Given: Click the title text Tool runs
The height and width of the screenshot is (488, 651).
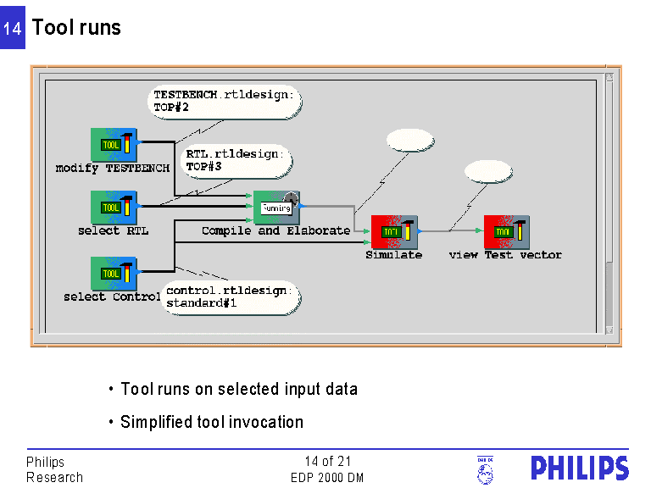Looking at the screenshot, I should [x=76, y=27].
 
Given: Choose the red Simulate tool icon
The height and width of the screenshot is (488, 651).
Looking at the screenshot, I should [x=395, y=231].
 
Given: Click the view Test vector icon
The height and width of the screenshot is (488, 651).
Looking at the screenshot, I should [x=507, y=231].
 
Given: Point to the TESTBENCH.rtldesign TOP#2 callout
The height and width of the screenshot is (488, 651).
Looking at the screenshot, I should [x=224, y=102].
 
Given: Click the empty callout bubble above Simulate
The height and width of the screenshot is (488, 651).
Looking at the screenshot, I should [x=409, y=141].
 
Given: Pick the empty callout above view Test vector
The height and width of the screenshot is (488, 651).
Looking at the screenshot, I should [x=489, y=171].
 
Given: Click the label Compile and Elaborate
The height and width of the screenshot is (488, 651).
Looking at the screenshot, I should [x=275, y=230].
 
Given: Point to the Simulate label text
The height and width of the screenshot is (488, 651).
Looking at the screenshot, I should [x=393, y=254].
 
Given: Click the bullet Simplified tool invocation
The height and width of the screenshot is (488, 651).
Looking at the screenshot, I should [x=211, y=422].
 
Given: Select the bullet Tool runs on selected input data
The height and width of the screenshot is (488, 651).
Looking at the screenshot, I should [x=238, y=390].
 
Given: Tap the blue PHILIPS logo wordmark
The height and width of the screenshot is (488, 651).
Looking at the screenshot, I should [x=580, y=468].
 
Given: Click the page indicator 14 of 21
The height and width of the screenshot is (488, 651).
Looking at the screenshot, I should [x=327, y=462].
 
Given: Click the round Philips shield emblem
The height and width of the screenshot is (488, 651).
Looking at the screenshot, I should [x=485, y=470].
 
